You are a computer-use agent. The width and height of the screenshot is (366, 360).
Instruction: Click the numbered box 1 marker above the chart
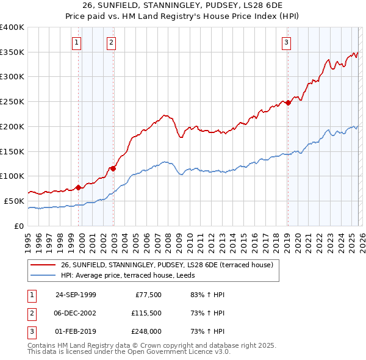tap(77, 42)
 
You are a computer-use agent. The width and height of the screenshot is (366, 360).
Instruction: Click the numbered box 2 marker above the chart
tap(112, 42)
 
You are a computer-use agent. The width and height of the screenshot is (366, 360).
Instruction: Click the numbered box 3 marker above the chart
tap(286, 42)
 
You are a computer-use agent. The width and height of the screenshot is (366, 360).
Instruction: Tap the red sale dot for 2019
tap(288, 103)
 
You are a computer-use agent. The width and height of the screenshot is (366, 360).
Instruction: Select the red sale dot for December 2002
tap(113, 168)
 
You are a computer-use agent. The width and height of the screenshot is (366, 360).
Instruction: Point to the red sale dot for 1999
tap(79, 187)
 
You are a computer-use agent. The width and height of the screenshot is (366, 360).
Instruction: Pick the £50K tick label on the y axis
tap(14, 201)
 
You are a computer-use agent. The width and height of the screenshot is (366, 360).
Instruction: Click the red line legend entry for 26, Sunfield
tap(170, 265)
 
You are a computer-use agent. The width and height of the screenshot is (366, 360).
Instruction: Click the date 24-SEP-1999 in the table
tap(76, 295)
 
